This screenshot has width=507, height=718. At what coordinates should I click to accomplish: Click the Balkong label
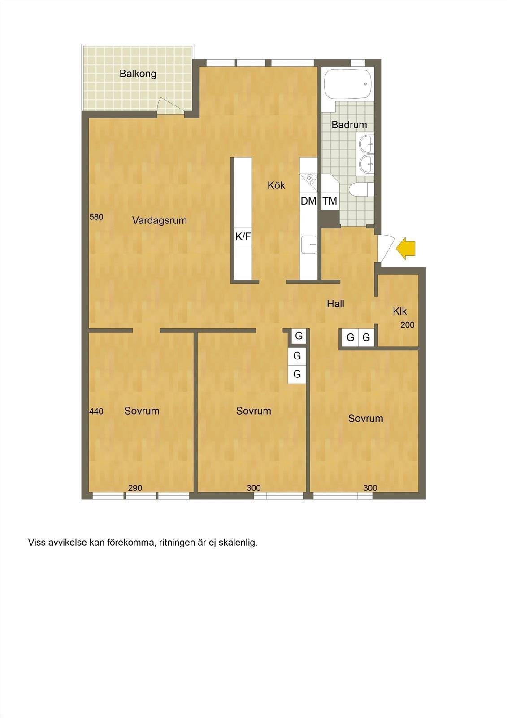(x=138, y=74)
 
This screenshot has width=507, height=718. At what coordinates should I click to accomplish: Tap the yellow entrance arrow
(x=406, y=248)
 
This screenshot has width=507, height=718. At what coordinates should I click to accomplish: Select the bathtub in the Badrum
(x=348, y=84)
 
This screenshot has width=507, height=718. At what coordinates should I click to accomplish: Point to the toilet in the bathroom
(x=361, y=189)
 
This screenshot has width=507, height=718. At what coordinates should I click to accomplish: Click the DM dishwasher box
(x=308, y=201)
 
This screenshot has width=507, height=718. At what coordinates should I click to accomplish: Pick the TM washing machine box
(x=330, y=201)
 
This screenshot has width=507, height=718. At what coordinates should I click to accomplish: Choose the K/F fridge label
(x=243, y=236)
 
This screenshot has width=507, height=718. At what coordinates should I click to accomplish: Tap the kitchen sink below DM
(x=309, y=244)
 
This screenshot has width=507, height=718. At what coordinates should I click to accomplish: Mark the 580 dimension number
(x=96, y=217)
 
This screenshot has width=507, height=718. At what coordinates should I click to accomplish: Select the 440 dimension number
(x=96, y=411)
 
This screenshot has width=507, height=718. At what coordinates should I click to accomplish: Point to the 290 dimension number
(x=135, y=488)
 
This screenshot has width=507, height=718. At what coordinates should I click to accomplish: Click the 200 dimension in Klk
(x=407, y=325)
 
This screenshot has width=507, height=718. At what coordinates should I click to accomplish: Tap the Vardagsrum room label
(x=160, y=220)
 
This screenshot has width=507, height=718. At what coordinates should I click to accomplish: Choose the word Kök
(x=277, y=185)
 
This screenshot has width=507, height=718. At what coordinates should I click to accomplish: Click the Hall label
(x=335, y=304)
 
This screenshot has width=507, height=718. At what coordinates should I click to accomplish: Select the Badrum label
(x=349, y=125)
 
